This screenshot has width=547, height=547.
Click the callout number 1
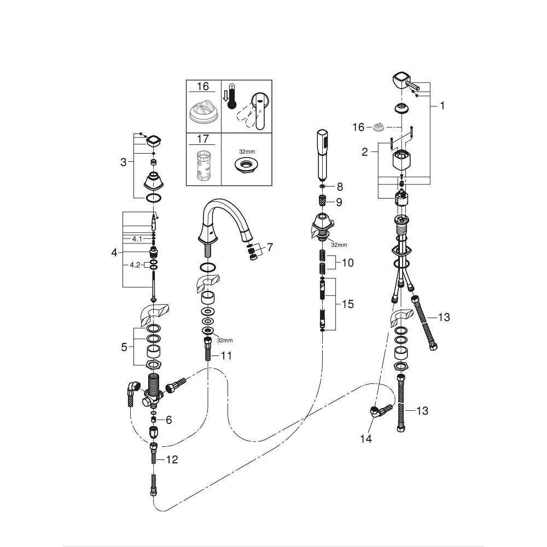click(x=442, y=106)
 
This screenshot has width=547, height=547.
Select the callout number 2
click(x=364, y=152)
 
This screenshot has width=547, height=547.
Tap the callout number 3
click(x=123, y=162)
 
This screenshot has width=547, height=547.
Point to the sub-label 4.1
click(x=137, y=239)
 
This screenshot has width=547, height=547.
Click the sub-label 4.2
click(x=135, y=265)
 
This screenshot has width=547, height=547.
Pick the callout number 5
click(x=124, y=347)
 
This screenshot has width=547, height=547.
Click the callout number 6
click(x=169, y=420)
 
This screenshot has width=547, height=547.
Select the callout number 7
click(x=270, y=247)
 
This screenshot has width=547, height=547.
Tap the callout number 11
click(x=226, y=356)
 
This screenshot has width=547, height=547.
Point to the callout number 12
click(x=172, y=459)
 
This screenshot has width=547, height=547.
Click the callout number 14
click(x=366, y=439)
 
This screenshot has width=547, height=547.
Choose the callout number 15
click(x=348, y=304)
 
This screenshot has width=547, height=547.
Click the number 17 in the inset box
click(x=203, y=139)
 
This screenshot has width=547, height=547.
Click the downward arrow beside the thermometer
click(x=225, y=95)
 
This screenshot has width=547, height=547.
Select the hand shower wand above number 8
click(x=323, y=155)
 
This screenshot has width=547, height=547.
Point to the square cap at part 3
click(x=154, y=141)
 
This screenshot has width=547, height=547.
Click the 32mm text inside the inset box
click(x=247, y=152)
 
